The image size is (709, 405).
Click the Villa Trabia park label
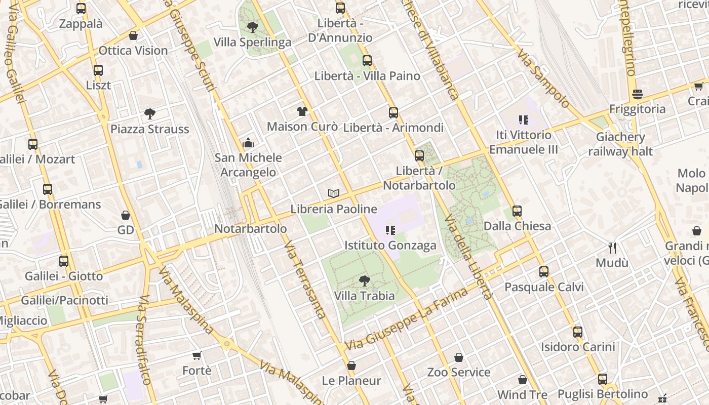[x=364, y=296]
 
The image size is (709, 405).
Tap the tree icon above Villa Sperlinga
[x=252, y=27]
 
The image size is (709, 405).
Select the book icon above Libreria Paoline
[x=333, y=193]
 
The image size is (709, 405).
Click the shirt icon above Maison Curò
[x=302, y=111]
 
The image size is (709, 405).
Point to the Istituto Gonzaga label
[x=390, y=246]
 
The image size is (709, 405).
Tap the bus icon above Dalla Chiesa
[x=517, y=211]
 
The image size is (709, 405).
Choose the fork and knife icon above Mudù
[x=612, y=248]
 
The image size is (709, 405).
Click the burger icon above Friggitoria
[x=637, y=94]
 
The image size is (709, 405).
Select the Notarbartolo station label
[x=251, y=229]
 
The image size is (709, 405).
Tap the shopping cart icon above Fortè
[x=196, y=355]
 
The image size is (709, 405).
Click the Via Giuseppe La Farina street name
[x=407, y=320]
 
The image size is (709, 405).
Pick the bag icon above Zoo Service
[x=459, y=357]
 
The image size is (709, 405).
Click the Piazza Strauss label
[x=149, y=129]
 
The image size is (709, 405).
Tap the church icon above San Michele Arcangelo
[x=248, y=143]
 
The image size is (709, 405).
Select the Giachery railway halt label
[x=620, y=144]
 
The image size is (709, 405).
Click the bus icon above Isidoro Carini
[x=577, y=332]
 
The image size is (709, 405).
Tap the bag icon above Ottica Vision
[x=133, y=35]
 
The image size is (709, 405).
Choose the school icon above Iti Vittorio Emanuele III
[x=523, y=120]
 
